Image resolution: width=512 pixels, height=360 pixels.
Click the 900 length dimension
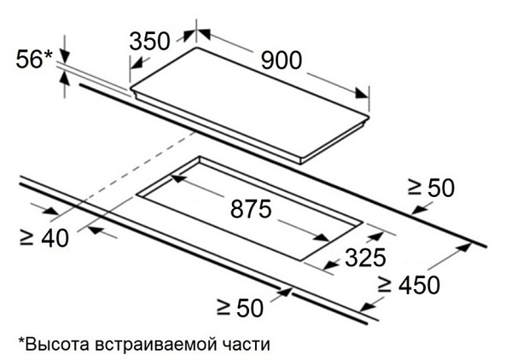(x=282, y=61)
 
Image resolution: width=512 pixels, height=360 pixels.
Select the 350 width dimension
(x=150, y=42)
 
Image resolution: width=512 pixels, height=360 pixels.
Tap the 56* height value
(x=34, y=59)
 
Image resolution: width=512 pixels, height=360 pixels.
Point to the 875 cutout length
(x=251, y=209)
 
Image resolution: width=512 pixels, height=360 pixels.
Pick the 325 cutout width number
(x=365, y=258)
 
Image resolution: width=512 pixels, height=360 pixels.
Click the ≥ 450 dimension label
(x=409, y=285)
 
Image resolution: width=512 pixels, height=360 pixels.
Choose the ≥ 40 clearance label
(x=44, y=238)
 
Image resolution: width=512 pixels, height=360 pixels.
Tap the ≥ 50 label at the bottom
(x=240, y=307)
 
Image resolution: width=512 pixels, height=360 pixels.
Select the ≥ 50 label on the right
(x=431, y=188)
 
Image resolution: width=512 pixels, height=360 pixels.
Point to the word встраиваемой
(x=156, y=345)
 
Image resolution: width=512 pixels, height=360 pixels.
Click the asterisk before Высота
(x=21, y=341)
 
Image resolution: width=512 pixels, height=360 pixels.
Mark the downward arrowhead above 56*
(x=65, y=56)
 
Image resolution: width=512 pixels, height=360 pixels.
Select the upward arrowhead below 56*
(x=65, y=78)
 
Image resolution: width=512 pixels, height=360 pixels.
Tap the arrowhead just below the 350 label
(x=137, y=63)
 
